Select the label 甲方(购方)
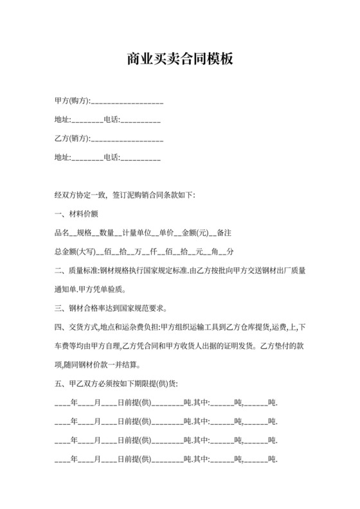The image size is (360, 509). pyautogui.click(x=72, y=102)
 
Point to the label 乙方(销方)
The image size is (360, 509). pyautogui.click(x=72, y=138)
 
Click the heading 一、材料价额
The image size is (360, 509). pyautogui.click(x=76, y=213)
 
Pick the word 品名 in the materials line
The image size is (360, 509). pyautogui.click(x=62, y=231)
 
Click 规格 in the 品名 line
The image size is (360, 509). pyautogui.click(x=83, y=231)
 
